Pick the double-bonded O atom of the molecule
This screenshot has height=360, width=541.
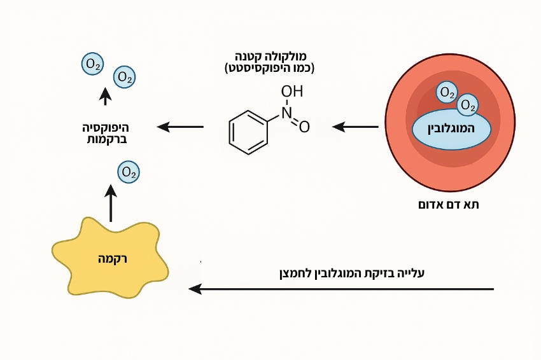(x=304, y=127)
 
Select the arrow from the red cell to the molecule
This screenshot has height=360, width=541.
(x=355, y=127)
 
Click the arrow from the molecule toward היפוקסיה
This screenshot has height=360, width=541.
(x=181, y=127)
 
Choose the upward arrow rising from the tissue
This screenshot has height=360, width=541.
(x=111, y=202)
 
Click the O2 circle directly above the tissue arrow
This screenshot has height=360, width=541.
(x=129, y=172)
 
